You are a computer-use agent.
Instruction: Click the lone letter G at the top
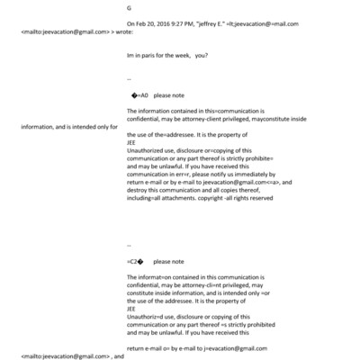[130, 8]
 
